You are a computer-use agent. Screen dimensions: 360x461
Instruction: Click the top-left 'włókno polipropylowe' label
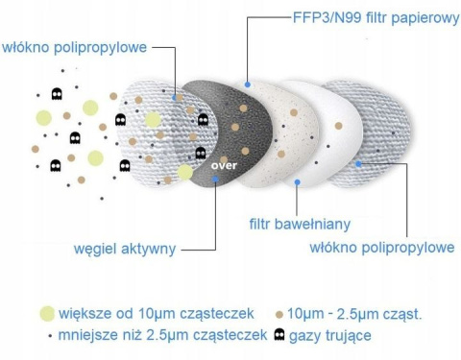[x=75, y=46]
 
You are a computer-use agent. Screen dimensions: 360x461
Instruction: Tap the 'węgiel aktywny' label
[x=124, y=249]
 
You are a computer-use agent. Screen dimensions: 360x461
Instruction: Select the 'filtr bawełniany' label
[x=299, y=225]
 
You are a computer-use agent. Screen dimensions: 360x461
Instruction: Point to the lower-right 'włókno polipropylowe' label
[x=381, y=248]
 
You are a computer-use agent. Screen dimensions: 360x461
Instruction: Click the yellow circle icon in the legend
[x=44, y=313]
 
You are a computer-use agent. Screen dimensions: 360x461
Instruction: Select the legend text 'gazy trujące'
[x=329, y=335]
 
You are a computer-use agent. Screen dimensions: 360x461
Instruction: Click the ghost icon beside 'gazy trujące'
[x=279, y=334]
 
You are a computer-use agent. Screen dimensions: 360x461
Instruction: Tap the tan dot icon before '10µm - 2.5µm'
[x=279, y=314]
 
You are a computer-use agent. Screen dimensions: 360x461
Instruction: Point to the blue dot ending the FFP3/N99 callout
[x=248, y=85]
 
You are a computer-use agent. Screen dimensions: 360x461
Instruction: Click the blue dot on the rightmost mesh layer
[x=357, y=164]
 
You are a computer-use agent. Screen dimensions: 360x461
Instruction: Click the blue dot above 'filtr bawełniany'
[x=297, y=181]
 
